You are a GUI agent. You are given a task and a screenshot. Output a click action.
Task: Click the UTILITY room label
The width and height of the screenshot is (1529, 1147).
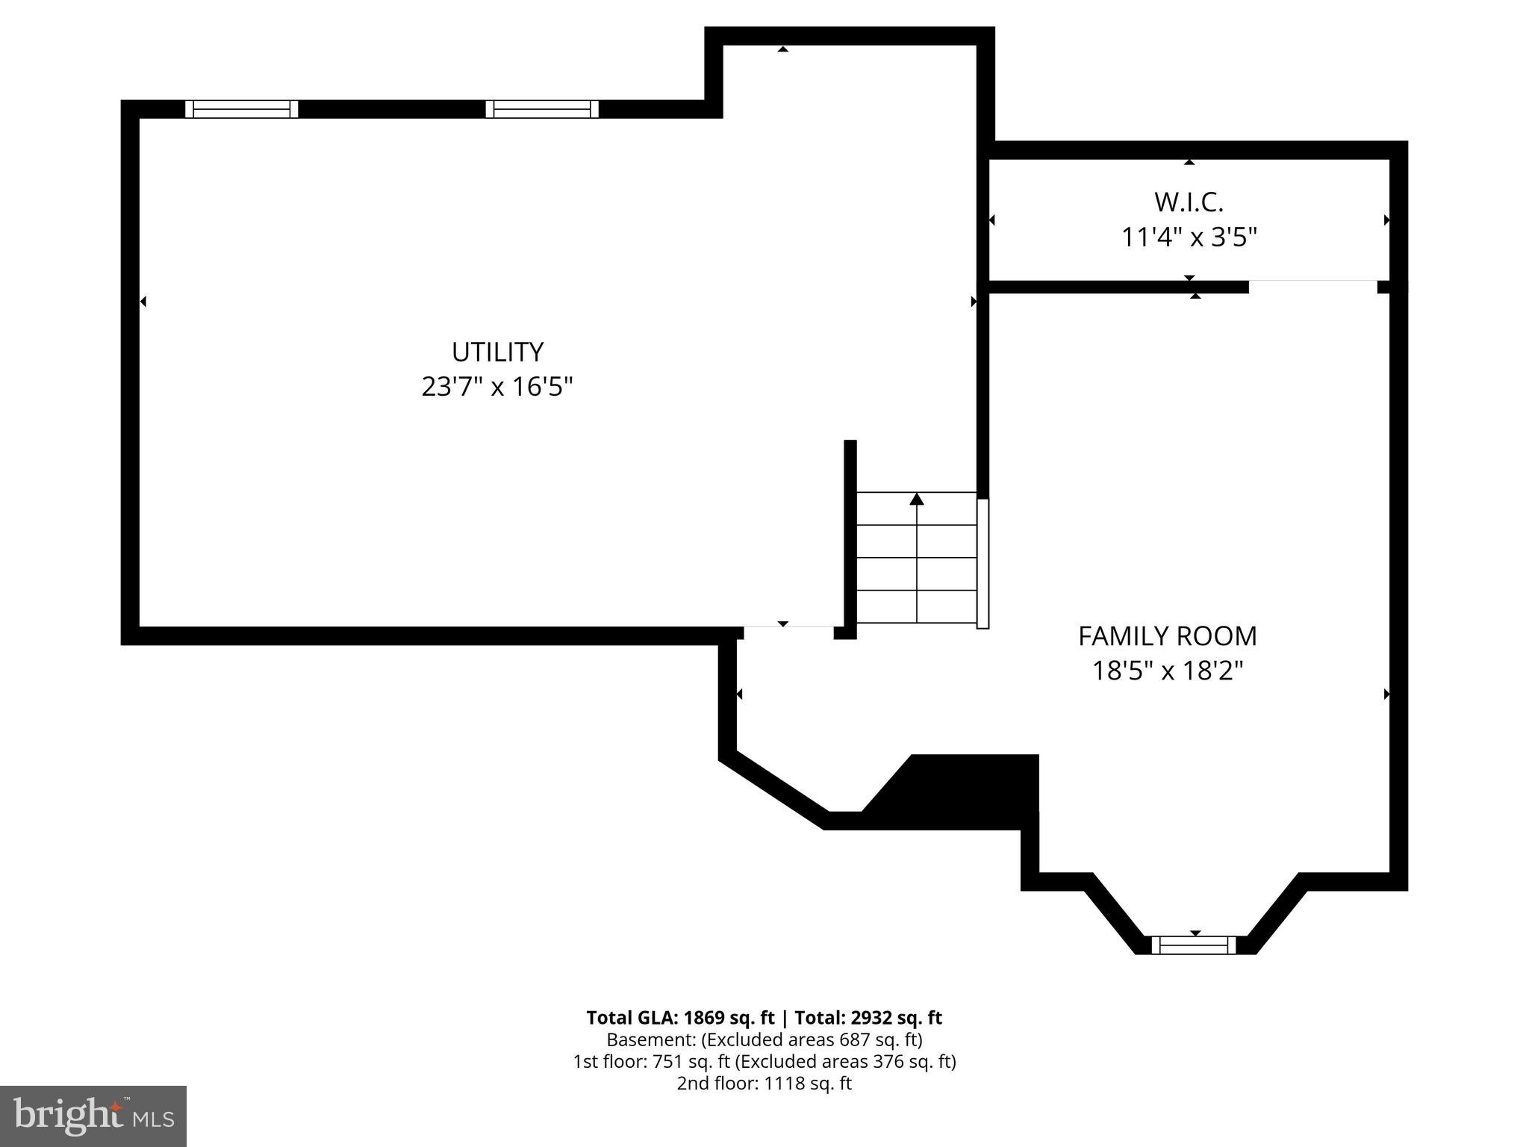pos(497,352)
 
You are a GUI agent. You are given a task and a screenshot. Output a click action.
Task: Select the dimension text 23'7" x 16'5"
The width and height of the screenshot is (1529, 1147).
pos(497,387)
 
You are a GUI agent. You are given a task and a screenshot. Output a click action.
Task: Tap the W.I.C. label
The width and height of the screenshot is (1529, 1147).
pos(1189,202)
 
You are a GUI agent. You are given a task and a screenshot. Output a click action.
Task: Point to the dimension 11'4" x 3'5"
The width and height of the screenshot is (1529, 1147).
pos(1189,237)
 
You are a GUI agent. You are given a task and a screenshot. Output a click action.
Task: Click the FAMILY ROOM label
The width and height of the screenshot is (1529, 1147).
pos(1167,636)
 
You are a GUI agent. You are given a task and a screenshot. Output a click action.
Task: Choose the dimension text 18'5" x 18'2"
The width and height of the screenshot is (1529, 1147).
pos(1167,671)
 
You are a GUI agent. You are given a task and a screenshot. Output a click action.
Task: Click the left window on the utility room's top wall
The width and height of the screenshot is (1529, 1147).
pos(241,109)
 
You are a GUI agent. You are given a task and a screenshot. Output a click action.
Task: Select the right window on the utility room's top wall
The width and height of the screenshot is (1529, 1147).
pos(542,109)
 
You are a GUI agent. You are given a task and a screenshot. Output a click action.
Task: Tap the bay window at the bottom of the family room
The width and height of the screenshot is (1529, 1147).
pos(1193,945)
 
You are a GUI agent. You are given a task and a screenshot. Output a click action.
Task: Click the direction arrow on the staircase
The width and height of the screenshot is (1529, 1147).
pos(917,500)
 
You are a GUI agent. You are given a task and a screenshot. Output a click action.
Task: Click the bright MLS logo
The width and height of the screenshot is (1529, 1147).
pos(93,1116)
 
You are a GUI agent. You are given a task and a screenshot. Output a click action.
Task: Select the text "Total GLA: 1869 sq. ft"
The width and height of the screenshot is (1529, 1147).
pos(680,1018)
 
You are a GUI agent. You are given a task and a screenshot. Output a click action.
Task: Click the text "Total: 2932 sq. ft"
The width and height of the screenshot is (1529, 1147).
pos(868,1018)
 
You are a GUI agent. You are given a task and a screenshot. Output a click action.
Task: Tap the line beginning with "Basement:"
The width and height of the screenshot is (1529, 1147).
pos(764,1039)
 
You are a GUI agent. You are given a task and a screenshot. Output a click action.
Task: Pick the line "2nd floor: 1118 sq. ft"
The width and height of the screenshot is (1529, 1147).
pos(764,1083)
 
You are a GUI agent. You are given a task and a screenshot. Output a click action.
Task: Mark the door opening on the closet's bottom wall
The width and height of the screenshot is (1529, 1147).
pos(1312,286)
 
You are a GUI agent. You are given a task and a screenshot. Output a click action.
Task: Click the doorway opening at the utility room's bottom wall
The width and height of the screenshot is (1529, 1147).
pos(788,633)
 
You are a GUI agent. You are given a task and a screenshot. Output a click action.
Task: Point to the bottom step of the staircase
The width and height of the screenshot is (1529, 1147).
pos(917,606)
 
